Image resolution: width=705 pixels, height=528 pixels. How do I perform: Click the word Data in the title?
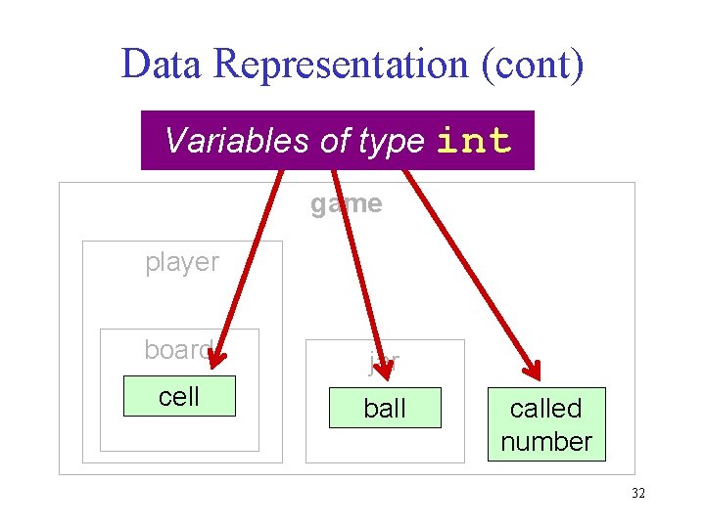pyautogui.click(x=162, y=65)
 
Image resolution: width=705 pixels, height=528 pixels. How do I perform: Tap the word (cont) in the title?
pyautogui.click(x=542, y=65)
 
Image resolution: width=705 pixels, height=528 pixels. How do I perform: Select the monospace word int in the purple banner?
pyautogui.click(x=474, y=141)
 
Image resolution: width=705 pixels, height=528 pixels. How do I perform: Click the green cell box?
pyautogui.click(x=179, y=396)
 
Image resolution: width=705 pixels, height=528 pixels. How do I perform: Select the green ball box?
pyautogui.click(x=385, y=408)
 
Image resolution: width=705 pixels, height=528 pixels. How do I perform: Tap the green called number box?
pyautogui.click(x=546, y=424)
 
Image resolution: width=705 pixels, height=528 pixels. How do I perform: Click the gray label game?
pyautogui.click(x=346, y=203)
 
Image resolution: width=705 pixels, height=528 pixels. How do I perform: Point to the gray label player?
pyautogui.click(x=182, y=262)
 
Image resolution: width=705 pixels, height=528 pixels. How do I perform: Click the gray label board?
pyautogui.click(x=177, y=350)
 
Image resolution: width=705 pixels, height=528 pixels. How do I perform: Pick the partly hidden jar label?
pyautogui.click(x=384, y=363)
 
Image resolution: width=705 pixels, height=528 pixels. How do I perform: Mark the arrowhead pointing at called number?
pyautogui.click(x=530, y=370)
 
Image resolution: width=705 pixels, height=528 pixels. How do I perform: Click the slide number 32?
pyautogui.click(x=638, y=494)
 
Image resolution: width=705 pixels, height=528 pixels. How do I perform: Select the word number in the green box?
pyautogui.click(x=546, y=441)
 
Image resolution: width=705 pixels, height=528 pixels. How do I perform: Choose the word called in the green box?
pyautogui.click(x=545, y=409)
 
